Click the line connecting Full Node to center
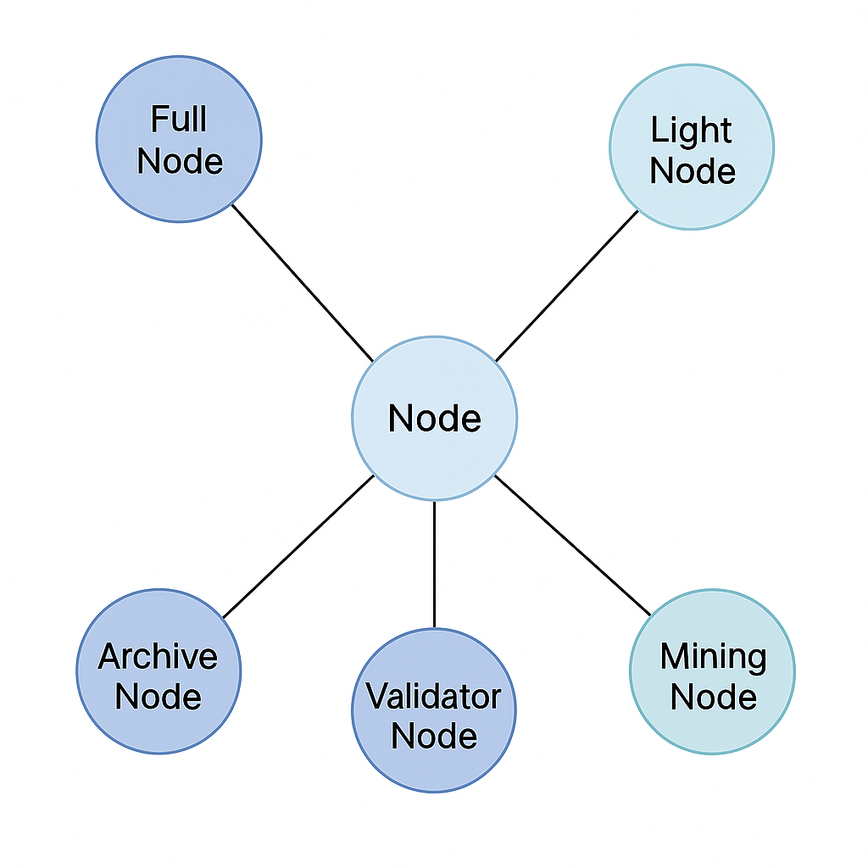tap(302, 282)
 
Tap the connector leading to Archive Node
tap(298, 547)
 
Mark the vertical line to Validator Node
tap(434, 565)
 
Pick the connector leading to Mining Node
tap(572, 545)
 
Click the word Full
tap(179, 120)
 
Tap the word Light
tap(692, 131)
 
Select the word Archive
tap(159, 657)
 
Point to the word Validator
tap(434, 697)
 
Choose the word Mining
tap(713, 658)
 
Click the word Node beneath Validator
tap(434, 736)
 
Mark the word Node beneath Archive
tap(159, 697)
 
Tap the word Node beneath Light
tap(692, 170)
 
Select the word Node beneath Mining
tap(713, 698)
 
